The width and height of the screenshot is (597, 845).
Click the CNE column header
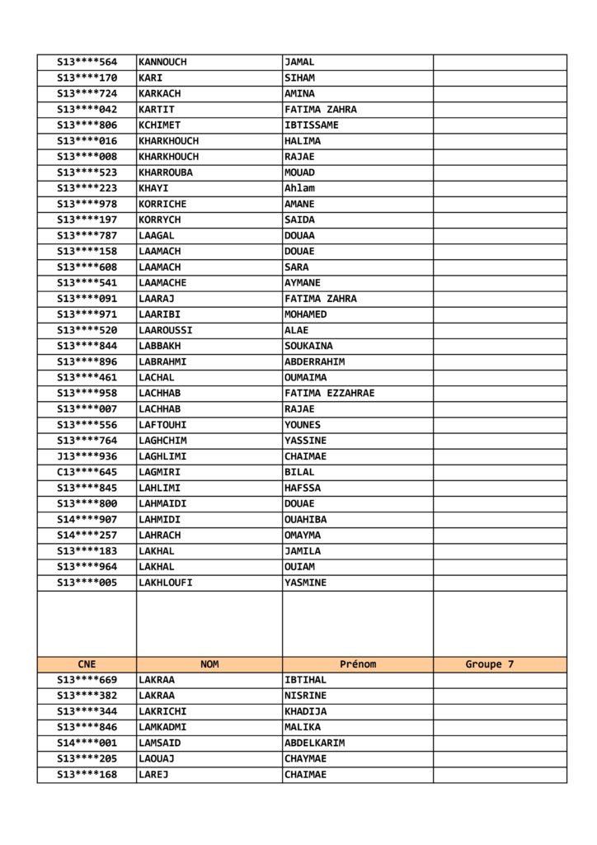click(87, 664)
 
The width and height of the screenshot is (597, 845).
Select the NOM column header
click(209, 664)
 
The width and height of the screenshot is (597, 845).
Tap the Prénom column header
click(358, 664)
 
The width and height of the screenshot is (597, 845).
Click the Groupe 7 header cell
click(489, 664)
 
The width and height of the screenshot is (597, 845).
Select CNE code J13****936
click(87, 456)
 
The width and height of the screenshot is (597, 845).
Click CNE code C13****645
click(87, 472)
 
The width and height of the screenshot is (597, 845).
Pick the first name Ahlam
click(299, 188)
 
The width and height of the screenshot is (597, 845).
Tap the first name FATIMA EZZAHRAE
click(329, 393)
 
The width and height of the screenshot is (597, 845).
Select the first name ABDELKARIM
click(314, 743)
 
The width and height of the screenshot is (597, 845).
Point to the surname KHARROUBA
click(168, 172)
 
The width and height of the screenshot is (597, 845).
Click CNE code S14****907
click(87, 519)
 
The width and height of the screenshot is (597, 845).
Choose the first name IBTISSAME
click(311, 125)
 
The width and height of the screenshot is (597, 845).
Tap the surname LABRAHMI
click(162, 361)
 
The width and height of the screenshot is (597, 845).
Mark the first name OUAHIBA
click(305, 519)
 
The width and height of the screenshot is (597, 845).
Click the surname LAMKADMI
click(162, 727)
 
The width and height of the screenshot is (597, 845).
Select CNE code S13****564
click(87, 62)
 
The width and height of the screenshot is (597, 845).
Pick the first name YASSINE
click(305, 441)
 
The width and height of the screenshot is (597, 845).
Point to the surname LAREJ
click(153, 774)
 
